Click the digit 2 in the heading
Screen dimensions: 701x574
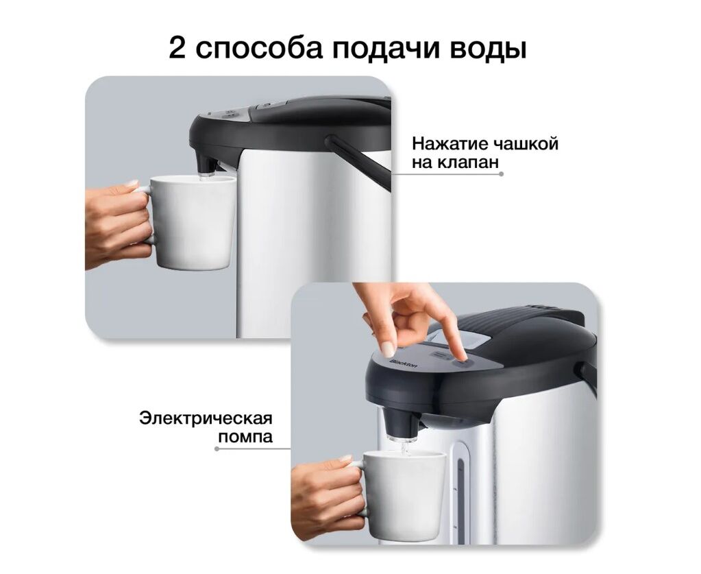tap(177, 47)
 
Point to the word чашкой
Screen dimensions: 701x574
tap(525, 144)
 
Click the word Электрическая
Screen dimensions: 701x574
tap(206, 419)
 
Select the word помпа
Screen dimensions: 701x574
tap(245, 437)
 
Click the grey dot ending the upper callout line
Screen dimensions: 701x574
tap(501, 174)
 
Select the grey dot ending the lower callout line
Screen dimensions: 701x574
tap(217, 449)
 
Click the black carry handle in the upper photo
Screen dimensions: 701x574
tap(358, 162)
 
